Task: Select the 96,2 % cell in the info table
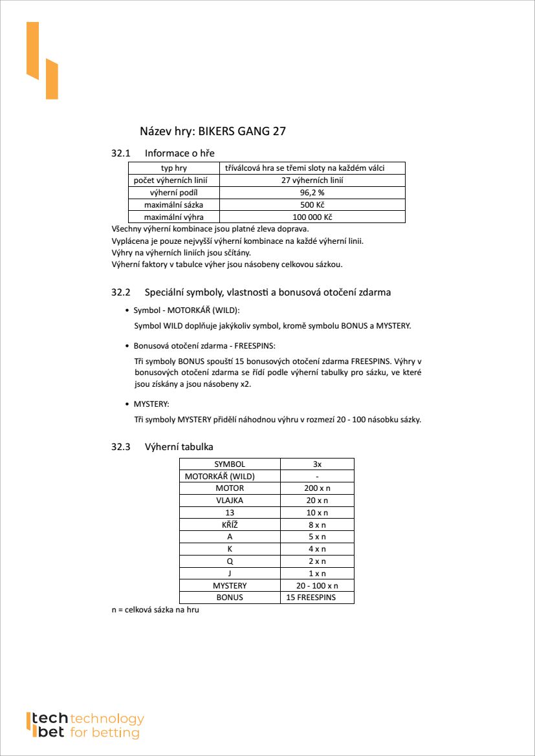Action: coord(312,193)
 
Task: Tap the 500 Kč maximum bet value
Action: coord(312,205)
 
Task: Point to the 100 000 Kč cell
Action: coord(312,217)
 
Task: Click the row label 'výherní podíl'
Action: coord(173,193)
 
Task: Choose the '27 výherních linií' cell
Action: coord(312,180)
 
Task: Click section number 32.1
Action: coord(121,153)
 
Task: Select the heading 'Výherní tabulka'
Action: coord(179,447)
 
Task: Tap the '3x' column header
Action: coord(317,464)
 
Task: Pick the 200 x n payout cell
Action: coord(317,488)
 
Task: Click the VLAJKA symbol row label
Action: coord(230,501)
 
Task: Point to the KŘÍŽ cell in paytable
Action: coord(230,524)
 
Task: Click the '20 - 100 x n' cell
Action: coord(317,585)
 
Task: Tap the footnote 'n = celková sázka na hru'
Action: coord(155,610)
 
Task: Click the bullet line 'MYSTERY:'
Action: coord(151,404)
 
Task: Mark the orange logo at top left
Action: coord(42,61)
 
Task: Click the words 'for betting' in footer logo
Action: coord(105,733)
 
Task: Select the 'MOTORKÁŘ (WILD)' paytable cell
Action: coord(220,476)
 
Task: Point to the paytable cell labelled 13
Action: coord(230,512)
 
